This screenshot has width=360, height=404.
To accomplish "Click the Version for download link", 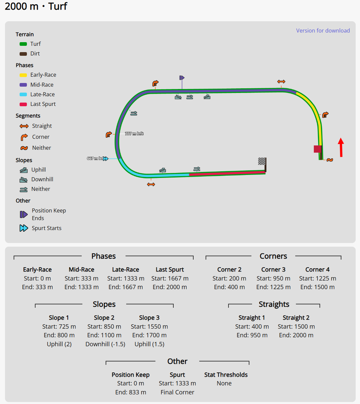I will click(323, 31).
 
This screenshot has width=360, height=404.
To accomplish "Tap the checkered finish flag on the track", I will click(262, 161).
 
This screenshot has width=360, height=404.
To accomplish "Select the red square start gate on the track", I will click(317, 149).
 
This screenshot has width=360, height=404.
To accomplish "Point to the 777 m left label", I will click(134, 134).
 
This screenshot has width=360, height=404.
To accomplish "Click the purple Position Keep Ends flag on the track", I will click(182, 78).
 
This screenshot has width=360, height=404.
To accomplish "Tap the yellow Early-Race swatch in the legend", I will click(23, 75).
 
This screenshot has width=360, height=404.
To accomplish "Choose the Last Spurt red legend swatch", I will click(23, 104).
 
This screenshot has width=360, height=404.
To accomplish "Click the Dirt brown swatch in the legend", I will click(23, 54).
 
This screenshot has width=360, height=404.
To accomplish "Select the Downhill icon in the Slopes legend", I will click(24, 180).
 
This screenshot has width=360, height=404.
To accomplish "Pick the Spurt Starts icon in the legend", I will click(24, 228).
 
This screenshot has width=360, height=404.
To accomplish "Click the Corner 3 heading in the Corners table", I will click(273, 270).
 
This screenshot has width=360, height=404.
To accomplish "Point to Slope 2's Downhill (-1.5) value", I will click(105, 344).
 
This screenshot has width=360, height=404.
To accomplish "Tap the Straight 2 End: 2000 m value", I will click(296, 335).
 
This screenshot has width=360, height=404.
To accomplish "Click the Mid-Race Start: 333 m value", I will click(81, 279).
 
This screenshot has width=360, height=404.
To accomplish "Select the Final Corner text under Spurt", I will click(177, 392).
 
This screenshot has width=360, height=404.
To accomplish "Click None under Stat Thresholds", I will click(224, 383).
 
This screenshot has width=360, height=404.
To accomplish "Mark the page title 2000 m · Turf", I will click(36, 6).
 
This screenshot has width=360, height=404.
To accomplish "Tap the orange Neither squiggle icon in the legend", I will click(24, 148).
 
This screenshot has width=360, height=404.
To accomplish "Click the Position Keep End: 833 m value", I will click(131, 392).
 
